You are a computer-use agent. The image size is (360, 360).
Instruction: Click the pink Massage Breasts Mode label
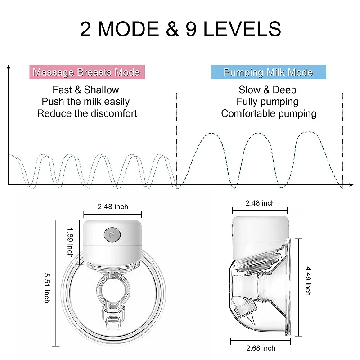(86, 72)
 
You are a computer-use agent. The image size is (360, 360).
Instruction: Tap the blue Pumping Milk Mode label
(268, 72)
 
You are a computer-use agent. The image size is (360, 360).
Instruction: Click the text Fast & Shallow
(85, 90)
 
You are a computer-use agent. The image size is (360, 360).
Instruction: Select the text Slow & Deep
(268, 90)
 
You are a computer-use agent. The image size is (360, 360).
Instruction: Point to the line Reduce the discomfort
(87, 113)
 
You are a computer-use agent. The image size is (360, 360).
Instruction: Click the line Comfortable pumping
(269, 113)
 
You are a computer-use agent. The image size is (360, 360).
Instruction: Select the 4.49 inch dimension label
(308, 280)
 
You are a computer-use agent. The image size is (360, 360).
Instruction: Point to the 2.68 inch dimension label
(261, 348)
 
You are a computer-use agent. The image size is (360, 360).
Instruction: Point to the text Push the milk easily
(85, 101)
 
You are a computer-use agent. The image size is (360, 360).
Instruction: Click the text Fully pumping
(267, 102)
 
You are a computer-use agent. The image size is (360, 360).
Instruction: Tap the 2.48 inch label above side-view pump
(260, 203)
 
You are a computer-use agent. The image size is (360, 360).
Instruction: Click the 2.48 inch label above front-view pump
(113, 207)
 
